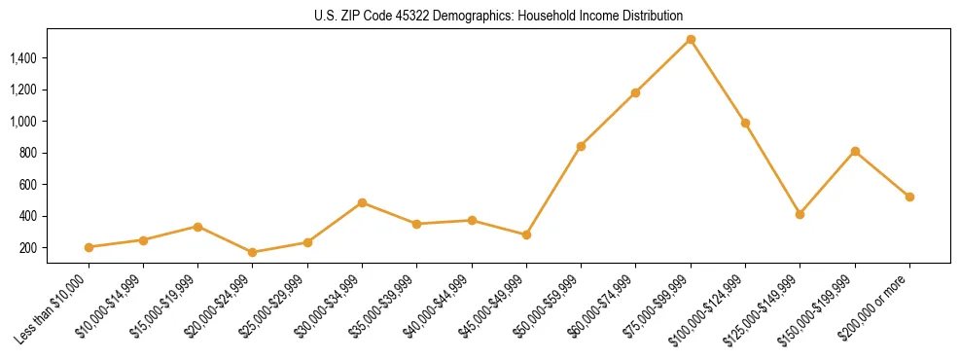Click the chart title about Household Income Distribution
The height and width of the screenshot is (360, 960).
[499, 16]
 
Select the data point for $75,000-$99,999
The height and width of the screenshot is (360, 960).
[691, 40]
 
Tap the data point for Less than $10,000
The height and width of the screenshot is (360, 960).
[89, 247]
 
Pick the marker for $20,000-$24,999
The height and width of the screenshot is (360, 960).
[253, 252]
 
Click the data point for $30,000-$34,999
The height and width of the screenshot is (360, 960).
[362, 202]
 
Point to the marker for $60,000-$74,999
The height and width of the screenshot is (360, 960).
[635, 92]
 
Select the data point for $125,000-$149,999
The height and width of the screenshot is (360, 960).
[800, 214]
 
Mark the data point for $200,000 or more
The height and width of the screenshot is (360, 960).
[909, 197]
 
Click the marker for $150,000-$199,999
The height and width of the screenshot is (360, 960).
[855, 151]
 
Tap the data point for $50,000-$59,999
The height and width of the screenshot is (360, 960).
[581, 146]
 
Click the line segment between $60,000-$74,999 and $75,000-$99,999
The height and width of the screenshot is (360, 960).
[663, 66]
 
